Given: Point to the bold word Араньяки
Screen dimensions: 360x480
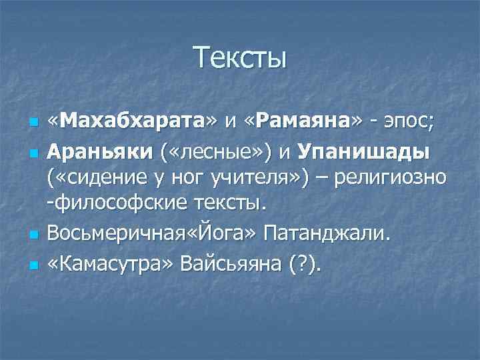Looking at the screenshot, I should click(101, 152).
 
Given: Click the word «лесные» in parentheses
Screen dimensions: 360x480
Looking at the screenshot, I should click(216, 152).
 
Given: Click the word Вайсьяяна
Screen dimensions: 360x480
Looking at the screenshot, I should click(244, 264).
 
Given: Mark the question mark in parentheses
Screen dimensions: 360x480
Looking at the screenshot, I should click(309, 264).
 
